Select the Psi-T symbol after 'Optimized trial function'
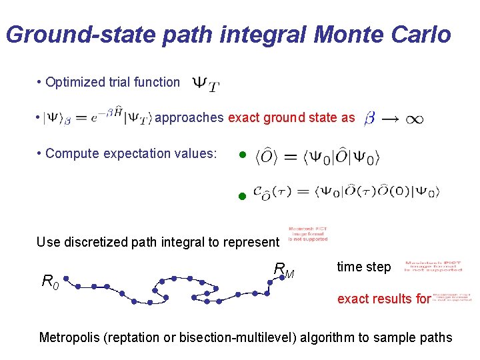pyautogui.click(x=206, y=84)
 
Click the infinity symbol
pyautogui.click(x=414, y=120)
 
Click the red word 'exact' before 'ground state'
pyautogui.click(x=244, y=118)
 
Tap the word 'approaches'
pyautogui.click(x=189, y=118)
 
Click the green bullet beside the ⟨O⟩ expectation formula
pyautogui.click(x=243, y=156)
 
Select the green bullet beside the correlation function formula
pyautogui.click(x=243, y=197)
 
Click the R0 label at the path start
pyautogui.click(x=51, y=282)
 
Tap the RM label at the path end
pyautogui.click(x=284, y=270)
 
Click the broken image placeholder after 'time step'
pyautogui.click(x=433, y=267)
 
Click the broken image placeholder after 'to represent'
pyautogui.click(x=307, y=234)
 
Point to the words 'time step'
pyautogui.click(x=363, y=267)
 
